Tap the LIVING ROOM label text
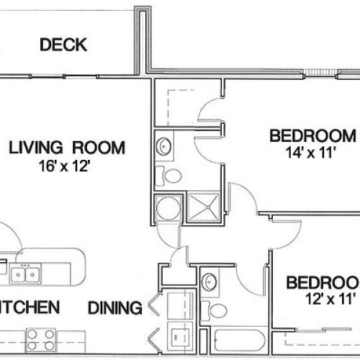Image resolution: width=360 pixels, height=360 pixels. tap(66, 148)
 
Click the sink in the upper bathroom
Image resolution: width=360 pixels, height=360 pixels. tap(165, 146)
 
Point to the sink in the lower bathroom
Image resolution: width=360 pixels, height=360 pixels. tap(210, 281)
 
